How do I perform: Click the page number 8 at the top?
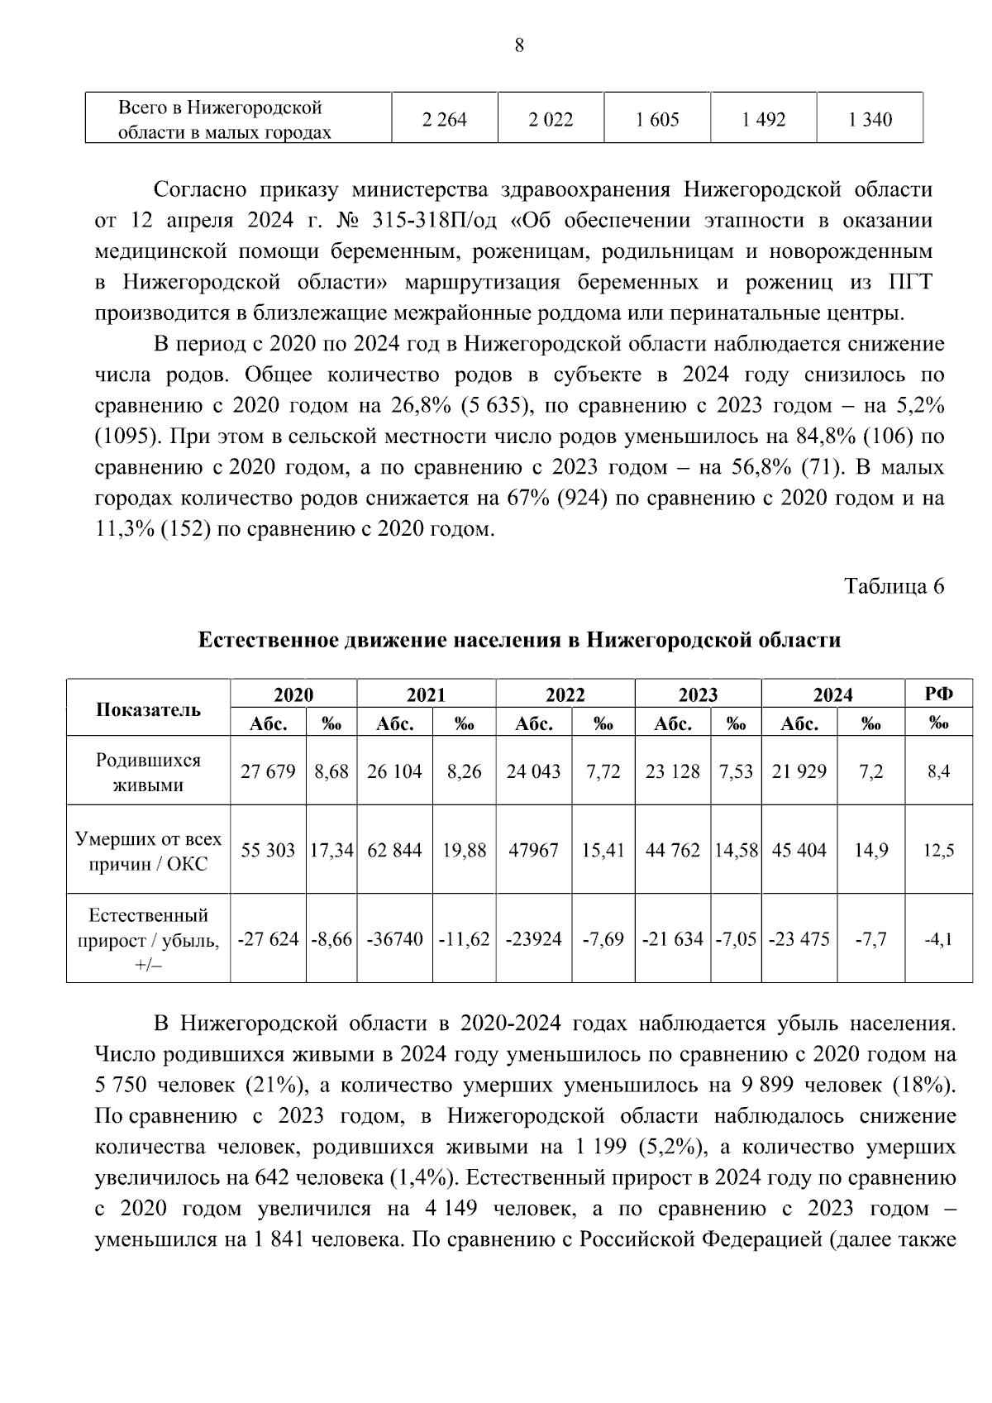(518, 45)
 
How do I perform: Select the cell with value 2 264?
(444, 120)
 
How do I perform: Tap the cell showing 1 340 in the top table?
(870, 120)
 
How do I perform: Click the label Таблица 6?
(893, 586)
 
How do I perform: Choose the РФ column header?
(939, 694)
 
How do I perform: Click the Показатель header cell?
(148, 709)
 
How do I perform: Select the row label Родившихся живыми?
(148, 772)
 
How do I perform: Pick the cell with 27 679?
(268, 771)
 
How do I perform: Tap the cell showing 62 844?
(394, 850)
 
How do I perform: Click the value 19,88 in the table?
(464, 850)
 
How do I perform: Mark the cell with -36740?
(394, 939)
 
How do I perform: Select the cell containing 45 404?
(799, 850)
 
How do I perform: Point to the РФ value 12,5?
(939, 850)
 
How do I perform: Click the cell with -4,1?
(939, 939)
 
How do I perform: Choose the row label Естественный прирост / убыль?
(148, 939)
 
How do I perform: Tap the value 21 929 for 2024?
(799, 771)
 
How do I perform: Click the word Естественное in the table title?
(264, 640)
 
